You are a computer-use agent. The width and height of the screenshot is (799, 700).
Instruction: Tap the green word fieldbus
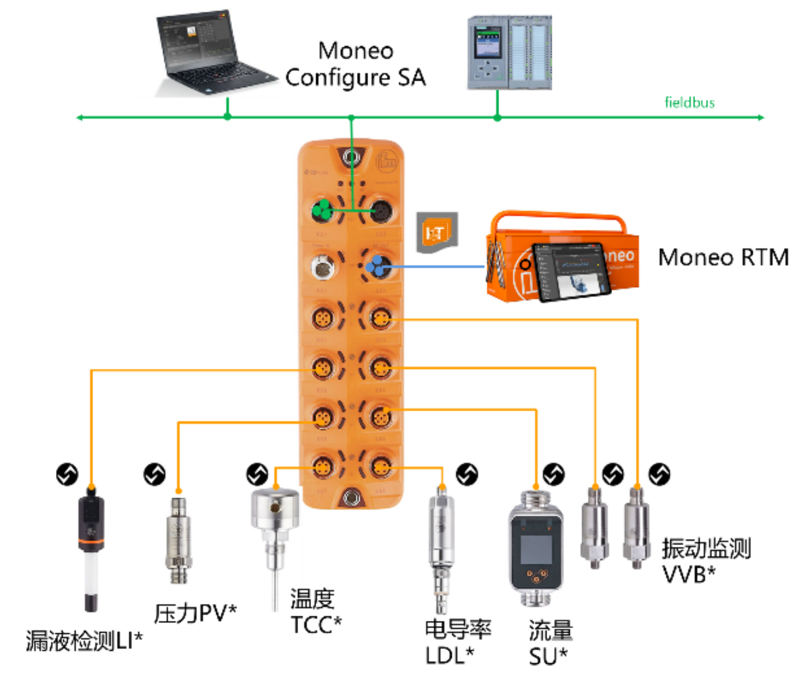coord(690,103)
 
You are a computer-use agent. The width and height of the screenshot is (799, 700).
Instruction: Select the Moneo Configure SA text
coord(355,64)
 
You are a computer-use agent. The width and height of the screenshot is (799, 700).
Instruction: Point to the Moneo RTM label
coord(723,257)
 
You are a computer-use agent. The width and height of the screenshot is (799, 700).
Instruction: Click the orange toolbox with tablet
coord(561,257)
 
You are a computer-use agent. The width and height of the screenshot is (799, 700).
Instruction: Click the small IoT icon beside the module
coord(436,233)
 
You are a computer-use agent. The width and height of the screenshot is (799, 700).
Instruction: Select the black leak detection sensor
coord(91,550)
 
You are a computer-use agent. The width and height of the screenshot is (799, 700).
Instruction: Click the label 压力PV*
coord(195,613)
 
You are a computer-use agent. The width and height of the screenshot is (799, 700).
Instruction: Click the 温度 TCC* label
coord(316,612)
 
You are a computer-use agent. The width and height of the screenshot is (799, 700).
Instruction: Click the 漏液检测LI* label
coord(84,641)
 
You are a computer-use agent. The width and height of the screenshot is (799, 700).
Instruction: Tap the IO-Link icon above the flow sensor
coord(554,474)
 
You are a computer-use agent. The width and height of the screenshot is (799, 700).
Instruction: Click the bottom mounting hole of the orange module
coord(351,498)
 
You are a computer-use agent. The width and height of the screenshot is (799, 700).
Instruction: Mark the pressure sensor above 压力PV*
coord(179,538)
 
